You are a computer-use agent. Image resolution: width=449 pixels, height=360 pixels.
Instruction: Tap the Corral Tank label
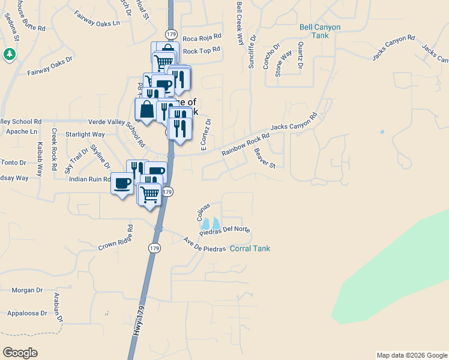point(250,248)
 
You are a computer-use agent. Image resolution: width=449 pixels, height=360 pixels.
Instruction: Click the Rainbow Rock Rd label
point(244,144)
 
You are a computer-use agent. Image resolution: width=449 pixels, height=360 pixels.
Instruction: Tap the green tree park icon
point(10,55)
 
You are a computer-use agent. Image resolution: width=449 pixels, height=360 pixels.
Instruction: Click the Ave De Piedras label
point(204,245)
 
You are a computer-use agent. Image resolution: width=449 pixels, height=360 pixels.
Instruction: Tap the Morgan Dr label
point(27,290)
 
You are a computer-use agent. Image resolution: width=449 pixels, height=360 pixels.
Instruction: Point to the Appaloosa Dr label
point(27,313)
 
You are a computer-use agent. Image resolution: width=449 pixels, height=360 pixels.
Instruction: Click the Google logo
point(20,353)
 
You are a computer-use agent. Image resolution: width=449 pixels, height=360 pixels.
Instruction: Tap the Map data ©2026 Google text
point(411,355)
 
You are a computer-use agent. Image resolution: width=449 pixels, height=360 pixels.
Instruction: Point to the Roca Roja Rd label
point(202,38)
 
